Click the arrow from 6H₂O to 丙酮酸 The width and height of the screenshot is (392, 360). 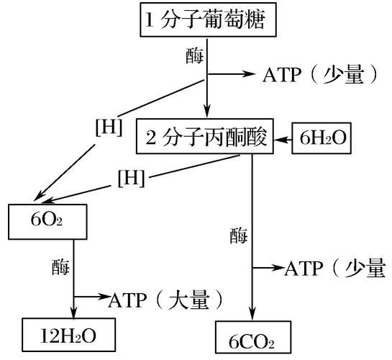tap(285, 138)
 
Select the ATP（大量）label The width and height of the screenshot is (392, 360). tap(163, 297)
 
